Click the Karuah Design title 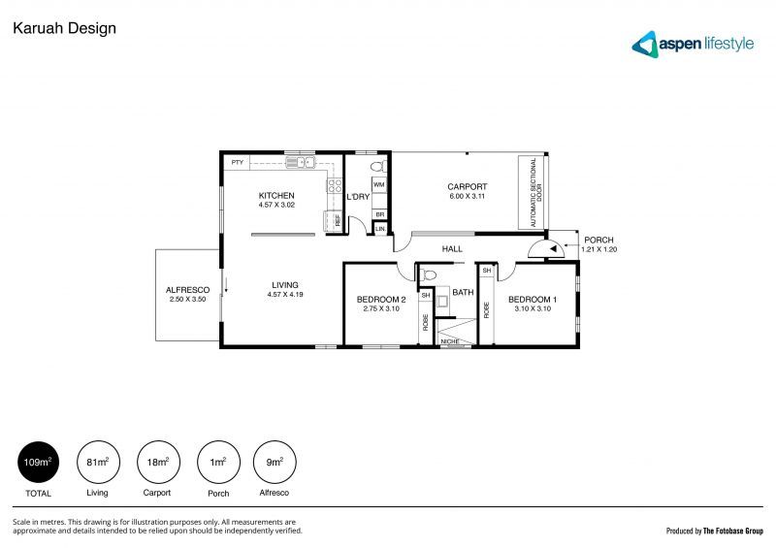pyautogui.click(x=64, y=28)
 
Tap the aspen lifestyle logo pyautogui.click(x=692, y=44)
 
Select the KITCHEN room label pyautogui.click(x=276, y=196)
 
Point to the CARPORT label pyautogui.click(x=467, y=187)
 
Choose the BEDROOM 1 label pyautogui.click(x=532, y=299)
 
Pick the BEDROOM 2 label pyautogui.click(x=380, y=299)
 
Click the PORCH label pyautogui.click(x=598, y=240)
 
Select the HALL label pyautogui.click(x=452, y=249)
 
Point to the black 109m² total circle pyautogui.click(x=37, y=463)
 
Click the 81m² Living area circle pyautogui.click(x=97, y=463)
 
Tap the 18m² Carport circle pyautogui.click(x=157, y=463)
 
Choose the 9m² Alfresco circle pyautogui.click(x=275, y=463)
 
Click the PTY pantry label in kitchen pyautogui.click(x=237, y=162)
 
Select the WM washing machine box pyautogui.click(x=379, y=182)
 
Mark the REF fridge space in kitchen pyautogui.click(x=338, y=221)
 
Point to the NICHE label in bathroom pyautogui.click(x=449, y=341)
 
